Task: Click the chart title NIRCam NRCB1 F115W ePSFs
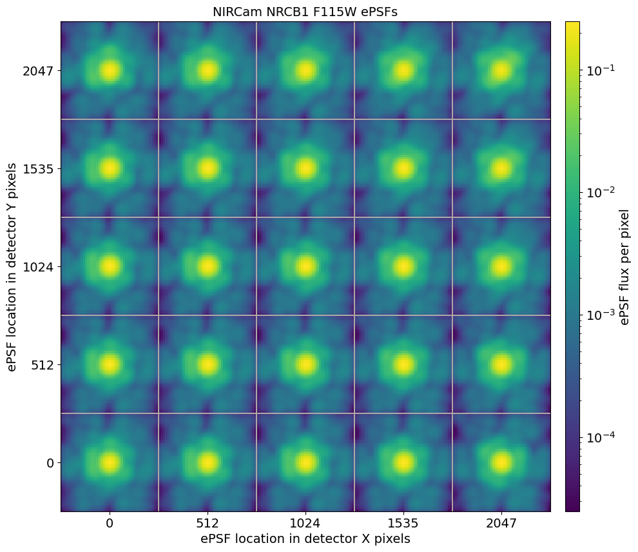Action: coord(305,12)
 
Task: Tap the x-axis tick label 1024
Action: coord(305,523)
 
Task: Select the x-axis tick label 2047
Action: coord(501,523)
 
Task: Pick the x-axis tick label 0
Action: coord(110,523)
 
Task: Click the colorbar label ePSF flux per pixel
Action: coord(624,266)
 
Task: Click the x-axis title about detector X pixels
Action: coord(305,538)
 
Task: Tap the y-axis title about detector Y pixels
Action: coord(12,266)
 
